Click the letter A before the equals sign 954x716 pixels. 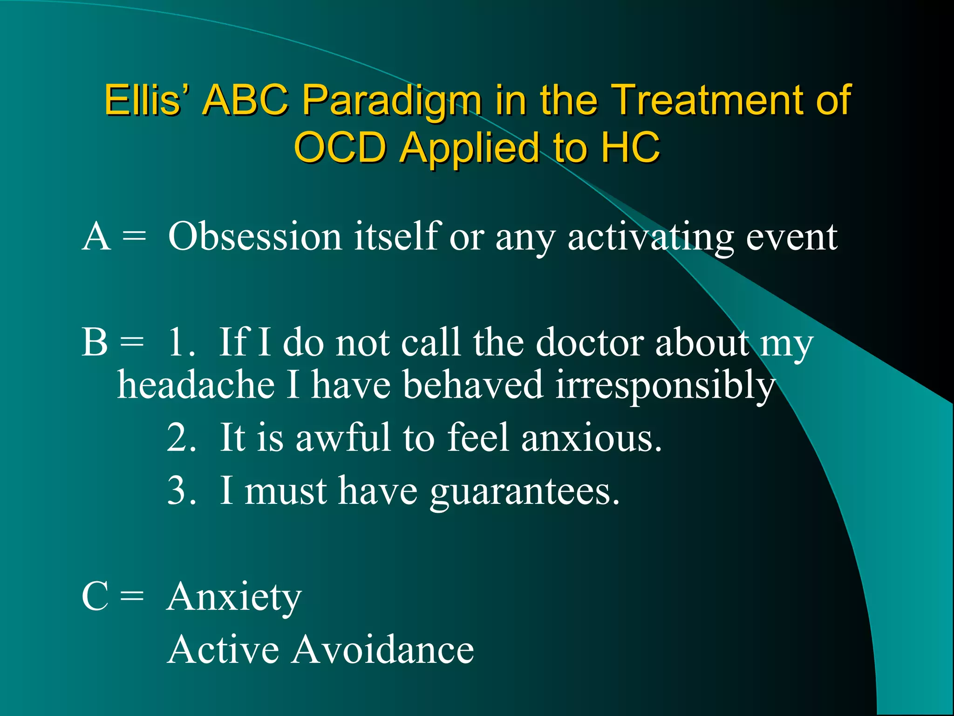(96, 237)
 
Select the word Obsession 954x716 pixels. (255, 237)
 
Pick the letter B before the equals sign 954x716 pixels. (95, 343)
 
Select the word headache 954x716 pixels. (196, 385)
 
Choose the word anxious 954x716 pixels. (591, 438)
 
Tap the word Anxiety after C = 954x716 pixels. (234, 598)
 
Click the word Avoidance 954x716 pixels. (382, 650)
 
